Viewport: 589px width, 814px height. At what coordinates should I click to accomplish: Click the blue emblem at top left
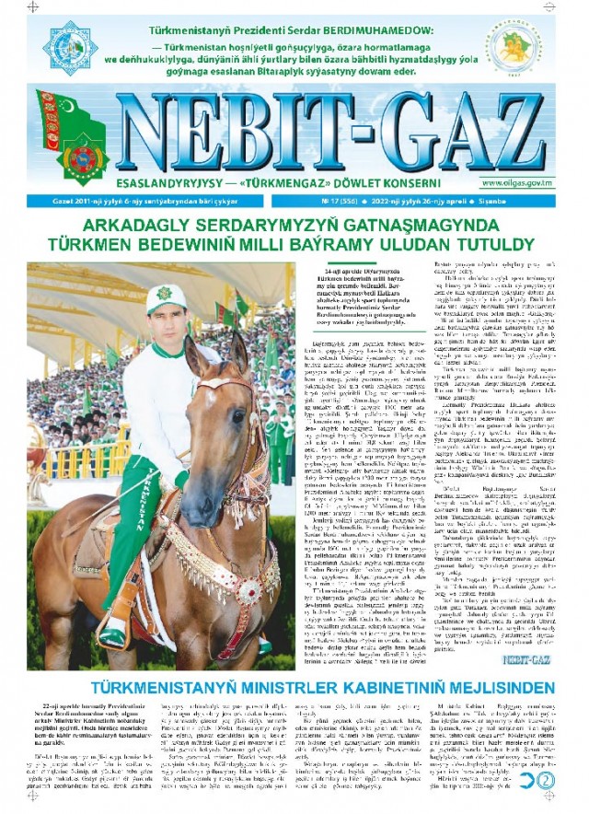(x=69, y=48)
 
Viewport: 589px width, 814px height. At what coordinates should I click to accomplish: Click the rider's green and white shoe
(x=111, y=636)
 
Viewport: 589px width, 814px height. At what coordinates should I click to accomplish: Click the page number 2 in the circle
(x=547, y=778)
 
